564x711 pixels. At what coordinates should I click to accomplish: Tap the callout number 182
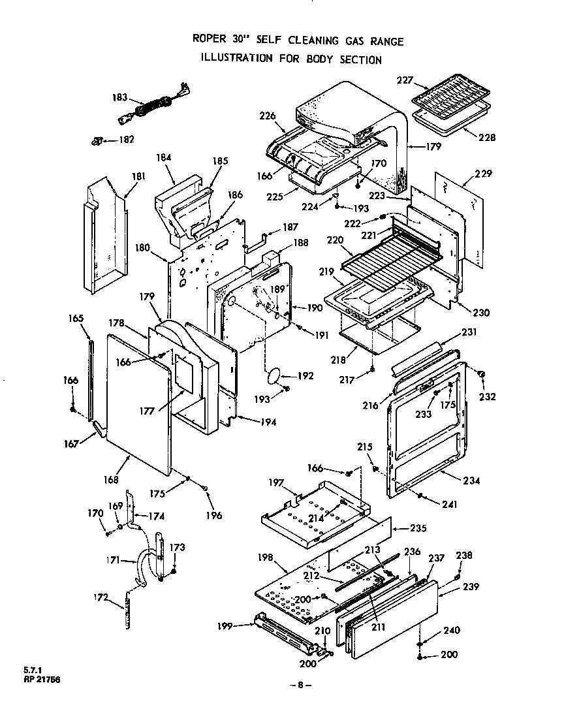pos(125,140)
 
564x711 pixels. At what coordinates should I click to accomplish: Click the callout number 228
pos(486,138)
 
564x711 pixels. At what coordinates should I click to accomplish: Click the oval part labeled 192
pos(275,375)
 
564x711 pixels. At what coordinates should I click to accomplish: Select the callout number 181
pos(138,176)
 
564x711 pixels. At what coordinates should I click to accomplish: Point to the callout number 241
pos(448,504)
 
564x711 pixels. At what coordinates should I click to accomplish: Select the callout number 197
pos(276,482)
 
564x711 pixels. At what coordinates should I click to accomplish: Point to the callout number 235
pos(418,528)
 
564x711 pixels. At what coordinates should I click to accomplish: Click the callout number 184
pos(164,157)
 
